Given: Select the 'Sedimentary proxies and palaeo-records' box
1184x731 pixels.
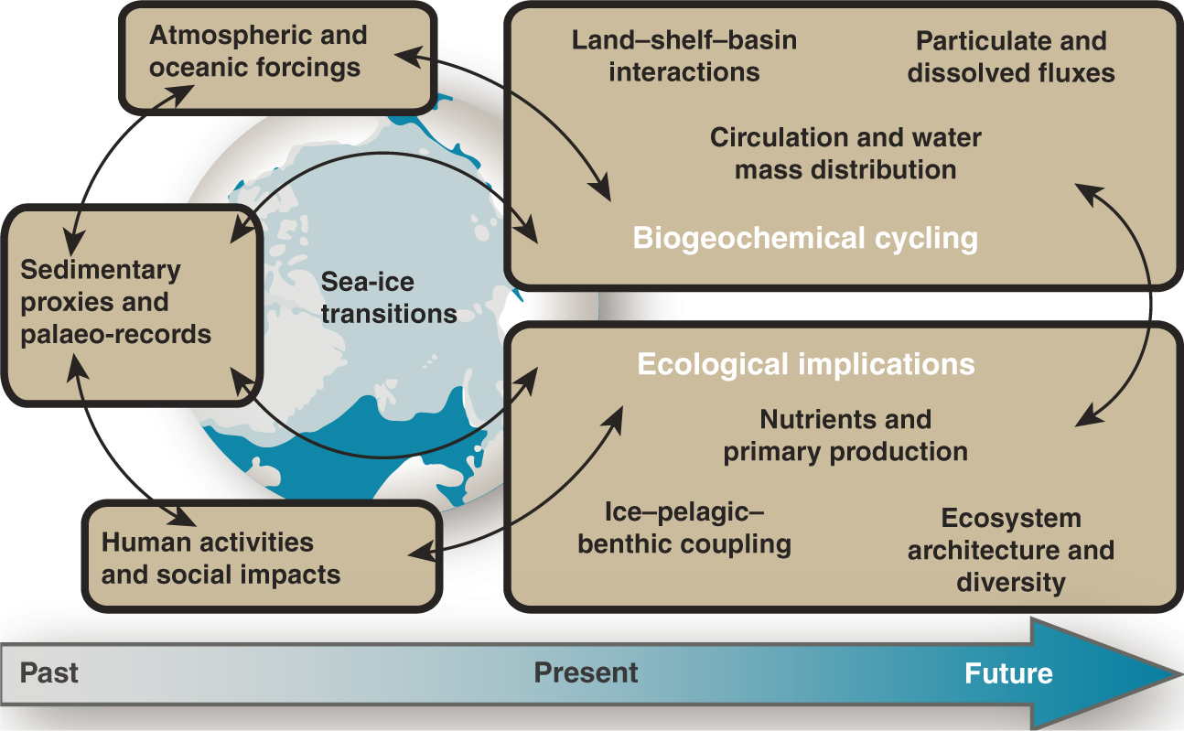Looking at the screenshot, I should coord(131,304).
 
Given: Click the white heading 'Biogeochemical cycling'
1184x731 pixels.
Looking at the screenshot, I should coord(805,239).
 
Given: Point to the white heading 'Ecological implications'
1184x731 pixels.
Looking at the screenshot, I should coord(805,364).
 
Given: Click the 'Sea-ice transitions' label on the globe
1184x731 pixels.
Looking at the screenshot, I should coord(388,298).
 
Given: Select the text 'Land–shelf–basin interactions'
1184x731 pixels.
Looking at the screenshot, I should coord(683,56).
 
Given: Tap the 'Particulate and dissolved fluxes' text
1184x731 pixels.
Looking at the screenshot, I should coord(1010,56).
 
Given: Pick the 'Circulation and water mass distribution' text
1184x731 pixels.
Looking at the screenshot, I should coord(845,154).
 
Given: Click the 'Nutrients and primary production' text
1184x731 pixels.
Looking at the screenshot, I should coord(845,435).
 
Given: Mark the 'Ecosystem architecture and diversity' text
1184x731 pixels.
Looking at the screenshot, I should coord(1010,550).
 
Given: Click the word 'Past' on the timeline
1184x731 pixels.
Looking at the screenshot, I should coord(49,673).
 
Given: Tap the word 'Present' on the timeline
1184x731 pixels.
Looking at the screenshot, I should coord(586,673).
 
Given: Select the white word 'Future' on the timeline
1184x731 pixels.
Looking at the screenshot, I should coord(1008,674).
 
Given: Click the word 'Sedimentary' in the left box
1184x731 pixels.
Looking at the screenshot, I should coord(101,271).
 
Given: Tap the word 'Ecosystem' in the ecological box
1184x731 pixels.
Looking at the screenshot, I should coord(1010,519).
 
